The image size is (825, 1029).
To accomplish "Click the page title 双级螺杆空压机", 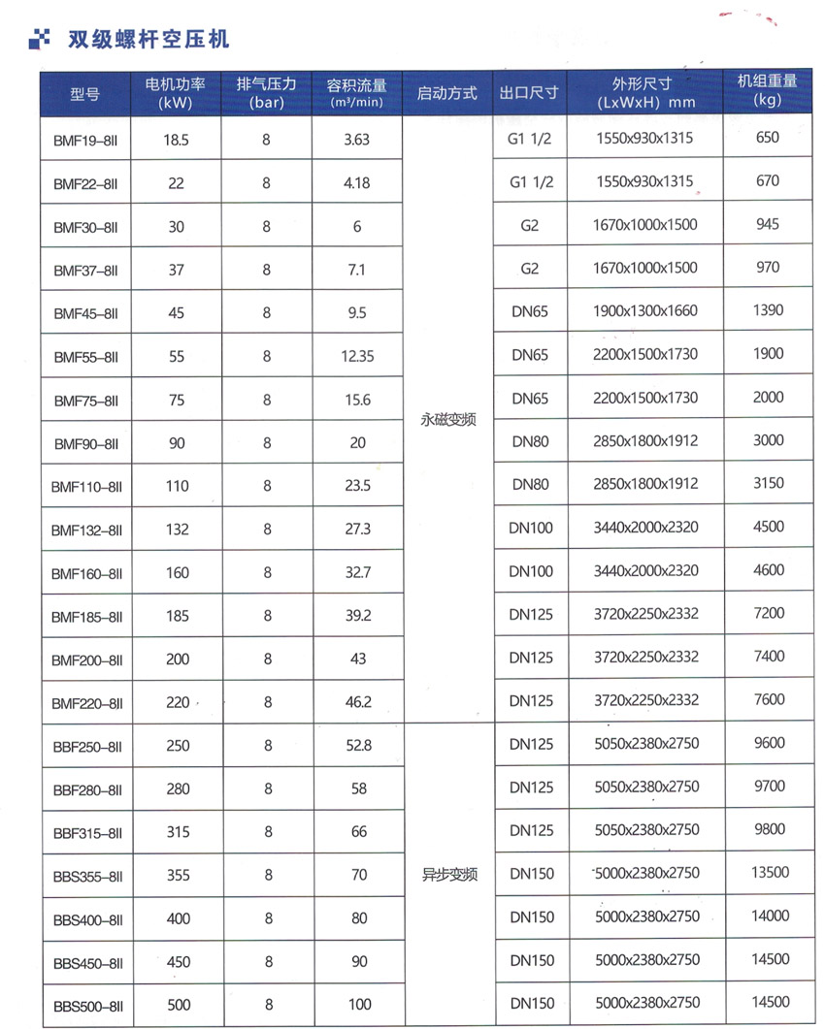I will pyautogui.click(x=148, y=40).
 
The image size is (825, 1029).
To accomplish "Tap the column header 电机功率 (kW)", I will pyautogui.click(x=176, y=92).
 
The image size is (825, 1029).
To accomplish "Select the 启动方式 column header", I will pyautogui.click(x=447, y=93).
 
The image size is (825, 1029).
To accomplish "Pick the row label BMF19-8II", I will pyautogui.click(x=86, y=140).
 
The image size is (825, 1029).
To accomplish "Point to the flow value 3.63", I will pyautogui.click(x=357, y=140).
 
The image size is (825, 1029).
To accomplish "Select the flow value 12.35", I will pyautogui.click(x=357, y=356).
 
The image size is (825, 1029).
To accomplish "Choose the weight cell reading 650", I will pyautogui.click(x=767, y=138).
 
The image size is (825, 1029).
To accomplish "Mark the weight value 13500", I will pyautogui.click(x=770, y=872).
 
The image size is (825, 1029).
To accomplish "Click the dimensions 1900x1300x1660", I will pyautogui.click(x=644, y=311).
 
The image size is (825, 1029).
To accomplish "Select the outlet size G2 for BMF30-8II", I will pyautogui.click(x=529, y=225).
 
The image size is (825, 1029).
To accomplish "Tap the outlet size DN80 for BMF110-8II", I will pyautogui.click(x=530, y=484).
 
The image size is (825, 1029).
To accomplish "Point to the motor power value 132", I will pyautogui.click(x=177, y=530).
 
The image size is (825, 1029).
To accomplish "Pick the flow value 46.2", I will pyautogui.click(x=358, y=702).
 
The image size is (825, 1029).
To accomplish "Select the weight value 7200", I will pyautogui.click(x=769, y=613).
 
